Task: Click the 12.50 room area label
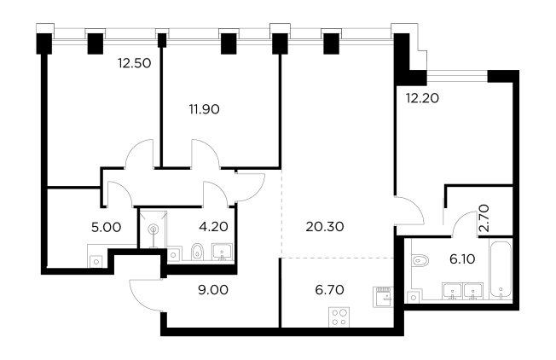(x=135, y=63)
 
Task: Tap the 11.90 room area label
(x=205, y=109)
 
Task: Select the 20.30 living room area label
(x=325, y=226)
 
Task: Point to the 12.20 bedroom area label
(x=422, y=98)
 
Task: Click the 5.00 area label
(x=106, y=227)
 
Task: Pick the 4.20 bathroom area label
(x=213, y=226)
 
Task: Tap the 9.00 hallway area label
(x=213, y=290)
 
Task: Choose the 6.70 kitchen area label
(x=329, y=290)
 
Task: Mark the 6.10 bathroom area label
(x=462, y=259)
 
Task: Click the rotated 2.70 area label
(x=484, y=218)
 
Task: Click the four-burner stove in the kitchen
(x=339, y=317)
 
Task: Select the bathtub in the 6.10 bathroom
(x=501, y=270)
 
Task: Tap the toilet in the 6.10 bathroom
(x=420, y=260)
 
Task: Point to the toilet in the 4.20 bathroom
(x=197, y=252)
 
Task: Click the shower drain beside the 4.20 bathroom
(x=153, y=229)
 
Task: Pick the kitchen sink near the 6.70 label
(x=383, y=297)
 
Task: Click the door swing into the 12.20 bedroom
(x=410, y=210)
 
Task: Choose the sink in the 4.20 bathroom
(x=223, y=252)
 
